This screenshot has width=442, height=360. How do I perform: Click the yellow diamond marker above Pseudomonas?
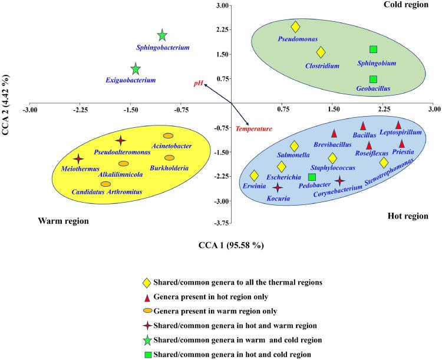point(296,27)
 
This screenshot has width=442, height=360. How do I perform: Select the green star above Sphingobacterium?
point(162,36)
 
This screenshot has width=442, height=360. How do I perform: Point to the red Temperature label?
point(253,128)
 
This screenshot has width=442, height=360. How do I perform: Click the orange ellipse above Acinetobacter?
point(168,136)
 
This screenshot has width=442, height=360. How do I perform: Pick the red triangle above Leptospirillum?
point(398,124)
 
